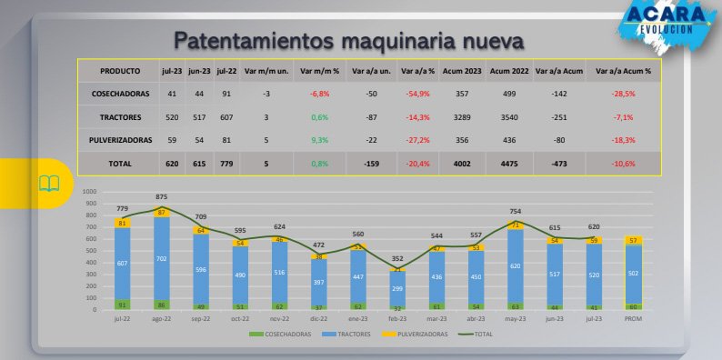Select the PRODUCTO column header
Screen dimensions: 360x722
[x=120, y=70]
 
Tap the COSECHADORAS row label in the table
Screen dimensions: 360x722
[x=120, y=94]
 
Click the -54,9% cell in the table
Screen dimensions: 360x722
[x=419, y=94]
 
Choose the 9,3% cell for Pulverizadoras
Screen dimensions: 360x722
[x=319, y=140]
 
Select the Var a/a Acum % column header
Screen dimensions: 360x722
[x=623, y=70]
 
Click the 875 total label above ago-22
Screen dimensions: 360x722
[x=162, y=197]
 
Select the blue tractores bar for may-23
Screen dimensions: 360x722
[x=516, y=265]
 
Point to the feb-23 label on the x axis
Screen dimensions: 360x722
[x=397, y=317]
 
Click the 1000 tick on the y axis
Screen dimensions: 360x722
[x=88, y=193]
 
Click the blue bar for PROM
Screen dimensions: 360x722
[x=634, y=275]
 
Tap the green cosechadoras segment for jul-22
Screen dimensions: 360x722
[x=122, y=305]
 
